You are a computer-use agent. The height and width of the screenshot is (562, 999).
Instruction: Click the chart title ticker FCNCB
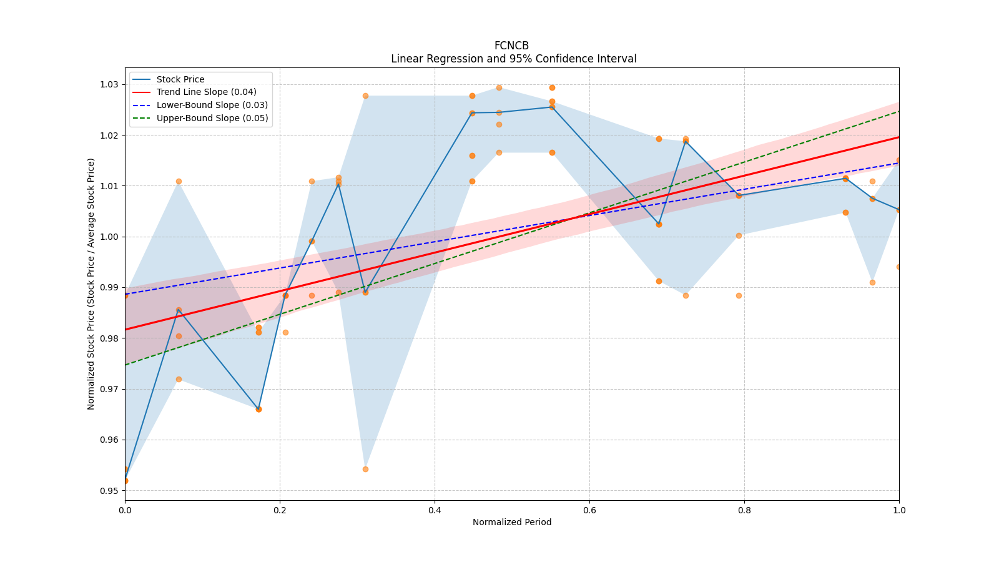coord(511,46)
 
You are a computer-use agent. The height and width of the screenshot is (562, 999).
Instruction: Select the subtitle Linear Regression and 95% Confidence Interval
coord(513,59)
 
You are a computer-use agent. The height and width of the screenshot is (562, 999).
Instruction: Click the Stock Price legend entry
coord(180,79)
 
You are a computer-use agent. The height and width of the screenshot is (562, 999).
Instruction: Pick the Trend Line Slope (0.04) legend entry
coord(206,92)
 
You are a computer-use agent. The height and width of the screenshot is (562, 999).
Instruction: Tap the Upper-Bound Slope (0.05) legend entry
coord(212,118)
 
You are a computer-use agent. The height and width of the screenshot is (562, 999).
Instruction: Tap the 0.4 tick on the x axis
coord(435,510)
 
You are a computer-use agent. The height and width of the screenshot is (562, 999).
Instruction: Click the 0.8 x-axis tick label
coord(744,510)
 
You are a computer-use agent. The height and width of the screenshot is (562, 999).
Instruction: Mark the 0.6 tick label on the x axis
coord(589,510)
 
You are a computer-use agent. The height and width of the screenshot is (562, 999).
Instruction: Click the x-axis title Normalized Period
coord(512,522)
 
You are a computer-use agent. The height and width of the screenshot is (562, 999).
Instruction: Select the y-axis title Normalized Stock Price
coord(91,283)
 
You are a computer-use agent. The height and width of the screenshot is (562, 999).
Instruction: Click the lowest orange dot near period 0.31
coord(365,469)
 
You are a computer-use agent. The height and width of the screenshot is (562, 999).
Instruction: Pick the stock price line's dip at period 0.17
coord(258,409)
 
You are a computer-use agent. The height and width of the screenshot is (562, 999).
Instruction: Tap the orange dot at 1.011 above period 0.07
coord(179,181)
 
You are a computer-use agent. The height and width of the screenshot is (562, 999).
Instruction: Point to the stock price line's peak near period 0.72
coord(686,141)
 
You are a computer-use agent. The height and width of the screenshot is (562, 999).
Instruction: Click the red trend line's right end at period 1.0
coord(898,137)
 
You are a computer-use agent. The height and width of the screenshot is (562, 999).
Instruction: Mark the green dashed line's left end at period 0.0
coord(125,365)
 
